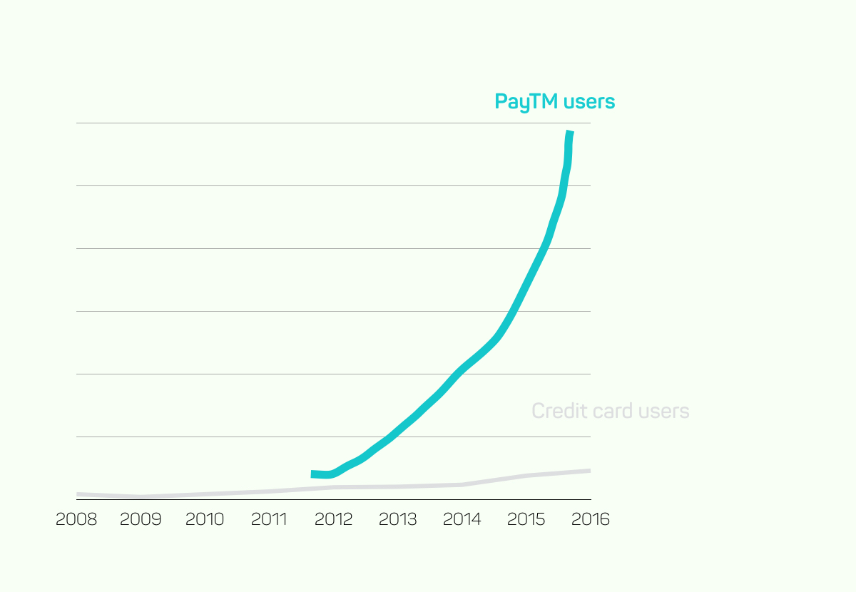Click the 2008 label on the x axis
click(76, 519)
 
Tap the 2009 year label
click(141, 519)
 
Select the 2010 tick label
click(205, 519)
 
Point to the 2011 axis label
click(269, 519)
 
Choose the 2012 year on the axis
click(333, 519)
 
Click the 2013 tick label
click(397, 519)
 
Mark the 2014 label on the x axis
click(462, 519)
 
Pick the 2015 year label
click(526, 519)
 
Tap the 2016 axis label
click(591, 519)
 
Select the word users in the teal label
click(588, 102)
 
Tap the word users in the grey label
click(664, 411)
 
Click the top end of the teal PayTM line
click(570, 133)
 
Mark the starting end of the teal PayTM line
click(312, 474)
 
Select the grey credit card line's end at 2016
click(589, 471)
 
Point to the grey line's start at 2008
click(78, 494)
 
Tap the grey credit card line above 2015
click(526, 476)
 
